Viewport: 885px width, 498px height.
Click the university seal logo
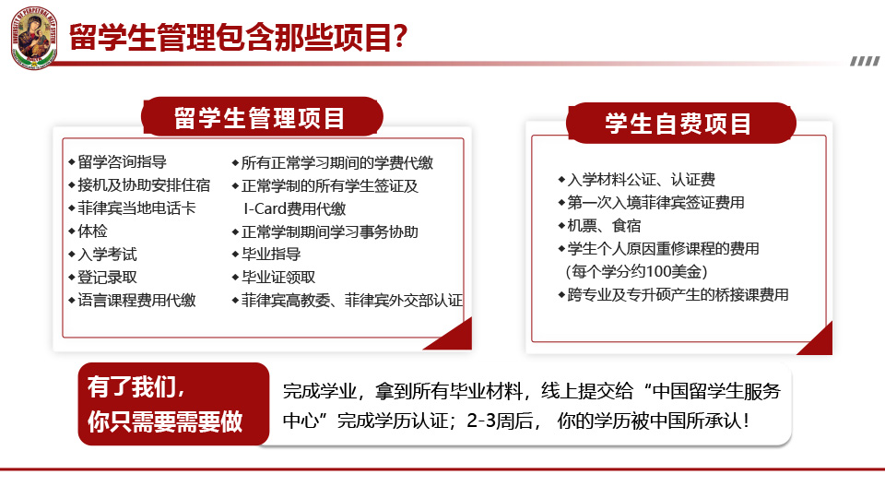click(x=34, y=37)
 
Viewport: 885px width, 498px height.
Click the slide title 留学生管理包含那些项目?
click(x=238, y=37)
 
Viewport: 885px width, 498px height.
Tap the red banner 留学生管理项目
click(x=262, y=117)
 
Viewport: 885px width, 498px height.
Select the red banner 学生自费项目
click(x=680, y=123)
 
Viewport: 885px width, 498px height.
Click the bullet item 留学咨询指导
click(x=117, y=162)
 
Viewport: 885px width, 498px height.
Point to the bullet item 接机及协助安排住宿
click(x=139, y=185)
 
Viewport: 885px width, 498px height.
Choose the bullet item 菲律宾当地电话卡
click(x=132, y=208)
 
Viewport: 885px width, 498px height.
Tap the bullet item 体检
click(x=88, y=231)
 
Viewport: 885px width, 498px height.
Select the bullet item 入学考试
click(x=102, y=255)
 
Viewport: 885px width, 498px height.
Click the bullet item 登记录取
click(x=102, y=278)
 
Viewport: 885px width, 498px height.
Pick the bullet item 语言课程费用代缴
click(x=132, y=300)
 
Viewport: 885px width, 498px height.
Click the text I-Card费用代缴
click(x=295, y=209)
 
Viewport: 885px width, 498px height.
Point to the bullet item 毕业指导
click(x=265, y=255)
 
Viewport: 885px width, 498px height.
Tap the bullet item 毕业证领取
click(x=273, y=278)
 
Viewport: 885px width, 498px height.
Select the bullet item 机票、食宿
click(x=599, y=226)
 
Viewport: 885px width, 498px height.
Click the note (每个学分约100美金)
click(x=637, y=271)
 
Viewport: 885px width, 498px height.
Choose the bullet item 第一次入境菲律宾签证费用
click(x=651, y=203)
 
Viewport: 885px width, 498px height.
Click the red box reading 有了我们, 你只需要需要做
click(x=173, y=404)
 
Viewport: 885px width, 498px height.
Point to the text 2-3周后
click(x=500, y=421)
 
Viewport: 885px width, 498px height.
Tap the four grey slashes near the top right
click(x=865, y=61)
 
